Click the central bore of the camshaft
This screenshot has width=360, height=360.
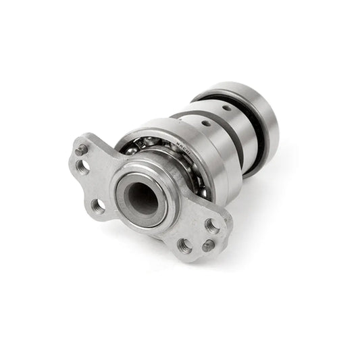(143, 198)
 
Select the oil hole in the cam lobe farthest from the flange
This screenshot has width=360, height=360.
(228, 107)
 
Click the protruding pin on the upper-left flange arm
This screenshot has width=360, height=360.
(81, 149)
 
